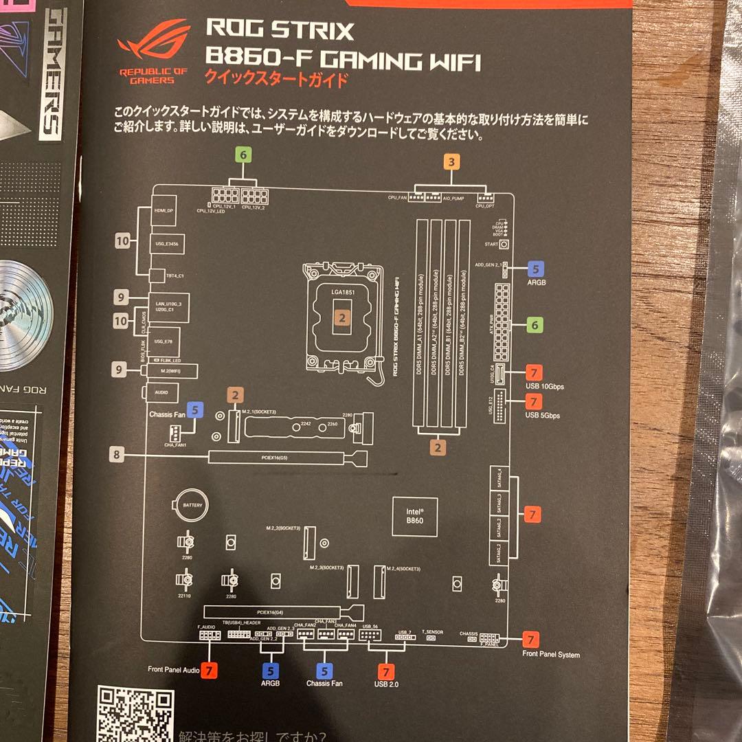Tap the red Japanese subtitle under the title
[277, 78]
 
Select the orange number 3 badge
[451, 163]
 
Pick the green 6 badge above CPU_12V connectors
[242, 155]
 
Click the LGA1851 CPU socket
[341, 315]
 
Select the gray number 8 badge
[117, 454]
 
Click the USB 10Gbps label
[544, 387]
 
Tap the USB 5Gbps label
[543, 416]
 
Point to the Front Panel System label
[550, 655]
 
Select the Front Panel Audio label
[174, 668]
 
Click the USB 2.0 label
[386, 684]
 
